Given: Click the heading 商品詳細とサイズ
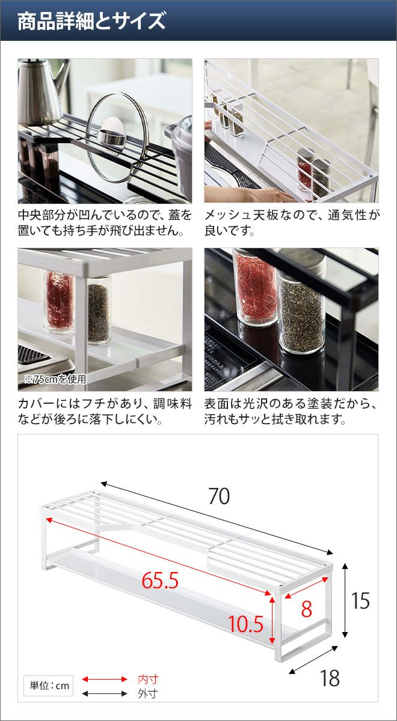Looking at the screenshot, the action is [x=91, y=21].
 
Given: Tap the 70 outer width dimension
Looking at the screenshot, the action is [x=219, y=496].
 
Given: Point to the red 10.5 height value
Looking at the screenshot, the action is [x=246, y=624].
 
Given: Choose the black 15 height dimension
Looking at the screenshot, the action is [x=360, y=601].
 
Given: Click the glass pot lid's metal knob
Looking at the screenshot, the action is [x=112, y=134].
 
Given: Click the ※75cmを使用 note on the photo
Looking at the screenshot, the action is [x=55, y=379].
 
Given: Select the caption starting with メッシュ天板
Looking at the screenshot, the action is [x=292, y=223].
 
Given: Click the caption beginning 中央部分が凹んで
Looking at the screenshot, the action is [x=105, y=223].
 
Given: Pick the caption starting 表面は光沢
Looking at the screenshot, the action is [x=291, y=412].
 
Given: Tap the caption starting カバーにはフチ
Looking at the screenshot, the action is [x=105, y=412].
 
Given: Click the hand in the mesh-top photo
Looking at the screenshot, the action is [x=254, y=193].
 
